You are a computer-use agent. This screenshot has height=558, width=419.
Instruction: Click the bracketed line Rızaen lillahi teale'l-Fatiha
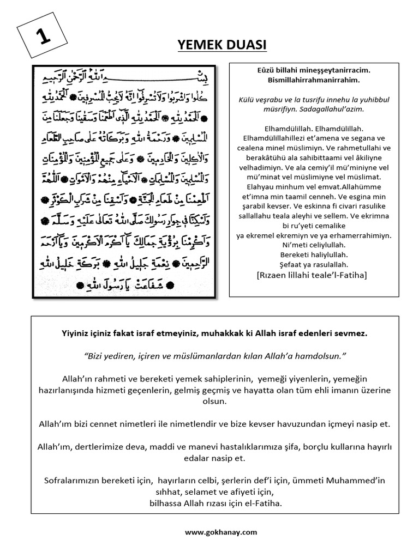click(x=313, y=276)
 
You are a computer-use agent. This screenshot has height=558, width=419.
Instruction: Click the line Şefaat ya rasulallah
click(x=313, y=264)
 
